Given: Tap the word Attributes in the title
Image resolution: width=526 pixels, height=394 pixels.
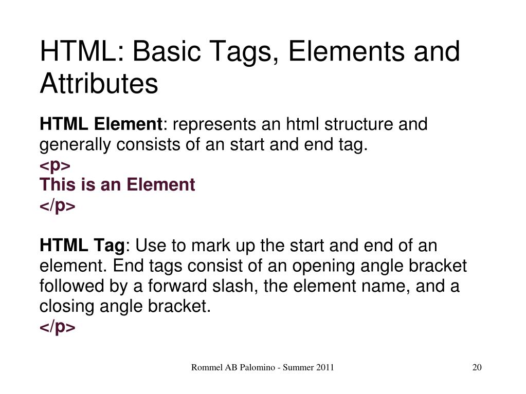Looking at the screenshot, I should tap(99, 84).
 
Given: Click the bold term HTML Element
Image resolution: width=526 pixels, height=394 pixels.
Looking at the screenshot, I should tap(101, 125).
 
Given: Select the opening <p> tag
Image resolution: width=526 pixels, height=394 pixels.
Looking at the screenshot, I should tap(55, 165).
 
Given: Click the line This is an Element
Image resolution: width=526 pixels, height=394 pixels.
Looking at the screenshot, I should tap(117, 185).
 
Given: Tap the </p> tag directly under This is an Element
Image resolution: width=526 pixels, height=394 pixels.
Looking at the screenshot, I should tap(58, 205).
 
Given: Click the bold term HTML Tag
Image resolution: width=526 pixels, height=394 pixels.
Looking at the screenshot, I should tap(82, 246).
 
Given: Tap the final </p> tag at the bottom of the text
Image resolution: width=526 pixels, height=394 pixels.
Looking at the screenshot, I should tap(58, 327).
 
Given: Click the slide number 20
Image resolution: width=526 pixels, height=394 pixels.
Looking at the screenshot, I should tap(477, 367).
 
